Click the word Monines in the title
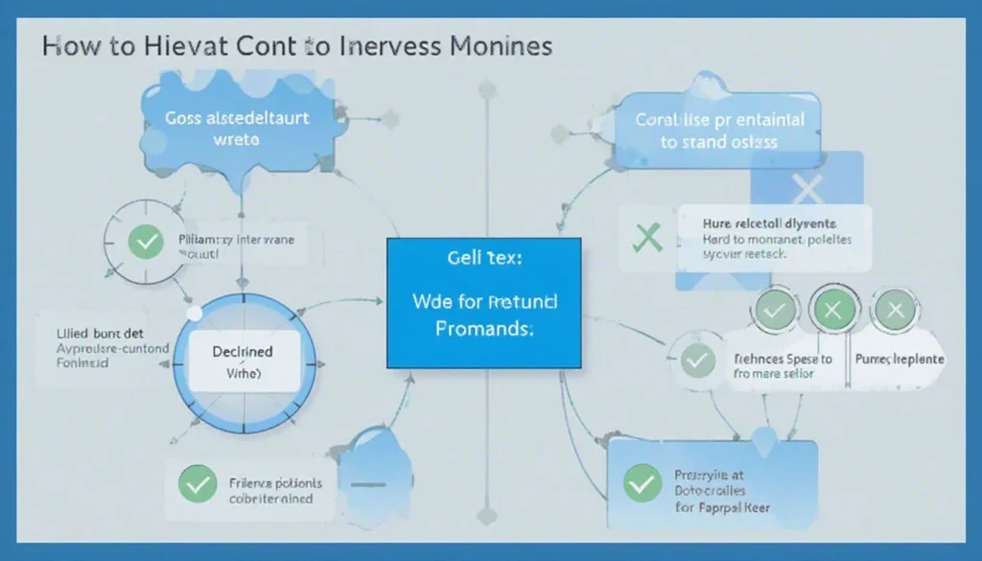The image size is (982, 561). point(498,46)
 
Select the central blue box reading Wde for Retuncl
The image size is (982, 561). point(483,303)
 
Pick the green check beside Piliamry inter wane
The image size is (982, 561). point(146,241)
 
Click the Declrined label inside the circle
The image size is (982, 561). point(242,352)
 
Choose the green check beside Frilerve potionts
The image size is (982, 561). point(199,485)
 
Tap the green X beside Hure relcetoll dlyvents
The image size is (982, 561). point(648,235)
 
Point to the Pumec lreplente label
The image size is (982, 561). point(899,359)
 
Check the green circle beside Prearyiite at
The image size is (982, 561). point(642,482)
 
